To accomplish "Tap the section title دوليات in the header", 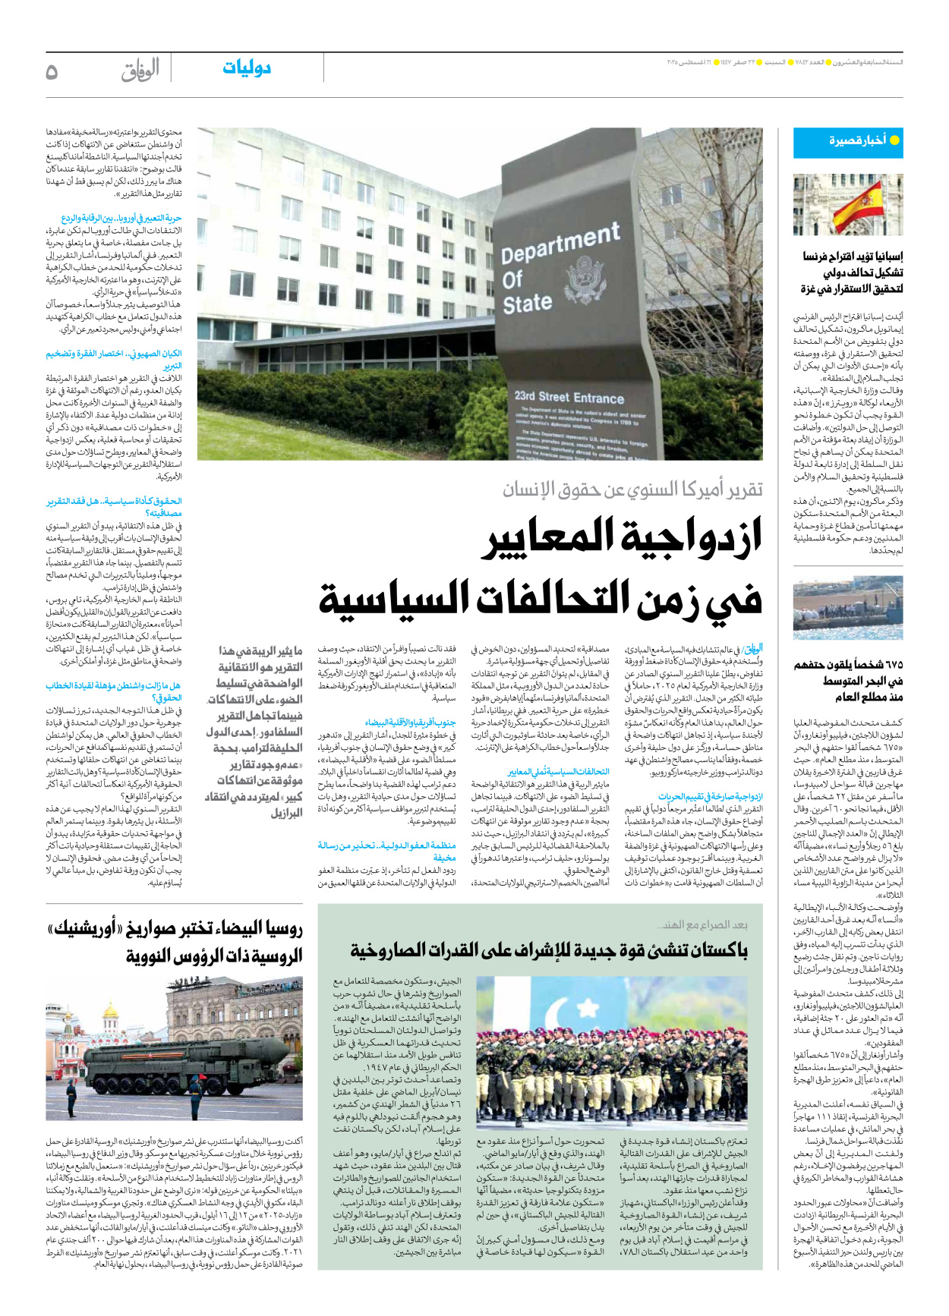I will click(247, 68).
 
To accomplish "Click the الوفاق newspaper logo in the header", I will click(140, 71).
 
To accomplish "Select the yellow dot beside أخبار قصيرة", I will click(894, 140).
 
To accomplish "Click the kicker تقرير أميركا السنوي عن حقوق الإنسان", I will click(632, 490).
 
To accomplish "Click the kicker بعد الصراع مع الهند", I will click(703, 924).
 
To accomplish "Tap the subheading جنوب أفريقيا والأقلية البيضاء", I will click(411, 723).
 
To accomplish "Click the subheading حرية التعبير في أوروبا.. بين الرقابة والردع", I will click(121, 219).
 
